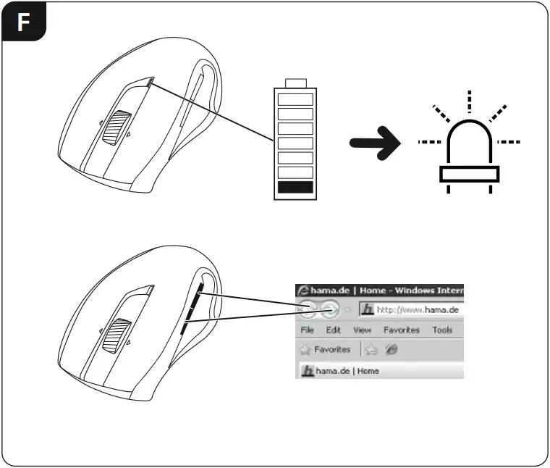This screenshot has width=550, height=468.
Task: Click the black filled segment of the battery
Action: point(295,188)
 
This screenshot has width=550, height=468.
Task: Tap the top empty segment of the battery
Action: point(295,99)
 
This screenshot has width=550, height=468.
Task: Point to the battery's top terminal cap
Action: point(295,82)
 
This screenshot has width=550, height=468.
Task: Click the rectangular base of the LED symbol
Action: point(469,174)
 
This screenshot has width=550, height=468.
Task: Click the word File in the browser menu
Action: point(306,330)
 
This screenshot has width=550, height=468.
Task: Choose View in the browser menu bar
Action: point(361,330)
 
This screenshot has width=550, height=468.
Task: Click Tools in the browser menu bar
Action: point(441,330)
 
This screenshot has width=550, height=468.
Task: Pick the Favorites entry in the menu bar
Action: point(402,330)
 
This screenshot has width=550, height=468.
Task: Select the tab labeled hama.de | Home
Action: point(340,371)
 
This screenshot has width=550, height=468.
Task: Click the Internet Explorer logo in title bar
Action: point(303,291)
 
